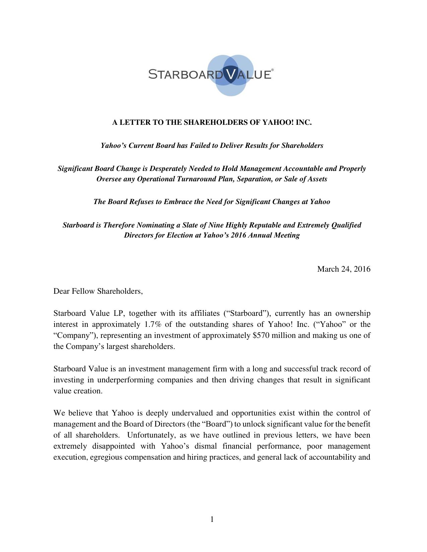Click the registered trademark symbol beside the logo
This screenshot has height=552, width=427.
click(272, 70)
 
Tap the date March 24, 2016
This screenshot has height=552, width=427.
click(344, 269)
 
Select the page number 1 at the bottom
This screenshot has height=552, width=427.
click(212, 519)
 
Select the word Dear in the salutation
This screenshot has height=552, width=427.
click(62, 291)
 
